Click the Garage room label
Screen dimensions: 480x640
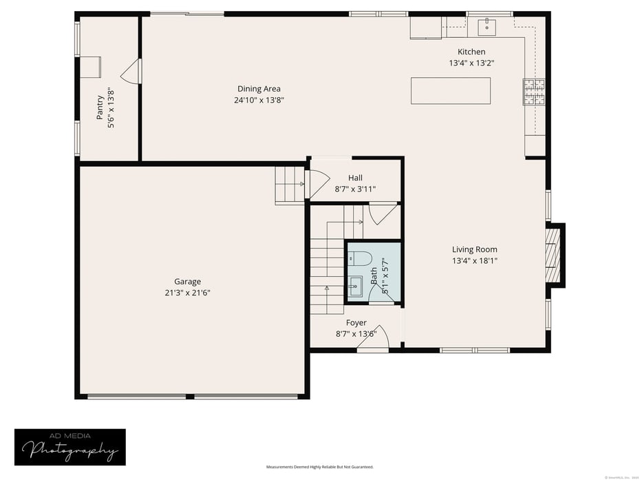click(x=187, y=282)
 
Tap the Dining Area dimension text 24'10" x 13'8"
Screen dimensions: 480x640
click(x=259, y=100)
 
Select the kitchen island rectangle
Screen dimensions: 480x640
click(x=450, y=91)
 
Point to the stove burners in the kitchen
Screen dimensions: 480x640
click(x=535, y=92)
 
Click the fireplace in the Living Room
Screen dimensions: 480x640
click(x=553, y=255)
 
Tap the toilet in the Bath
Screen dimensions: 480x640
click(x=360, y=258)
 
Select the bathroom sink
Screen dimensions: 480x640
click(x=355, y=285)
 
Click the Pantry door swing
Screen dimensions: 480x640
click(x=132, y=72)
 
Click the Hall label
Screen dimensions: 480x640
click(x=355, y=178)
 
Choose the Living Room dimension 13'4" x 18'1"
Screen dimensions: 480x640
click(x=474, y=261)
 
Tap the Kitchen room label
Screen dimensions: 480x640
click(x=471, y=52)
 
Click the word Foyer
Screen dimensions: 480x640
click(x=356, y=323)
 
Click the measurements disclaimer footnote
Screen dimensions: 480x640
click(x=320, y=467)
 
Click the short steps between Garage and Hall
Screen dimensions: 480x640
click(x=289, y=185)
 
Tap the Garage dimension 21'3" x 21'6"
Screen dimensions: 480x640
click(x=187, y=293)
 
